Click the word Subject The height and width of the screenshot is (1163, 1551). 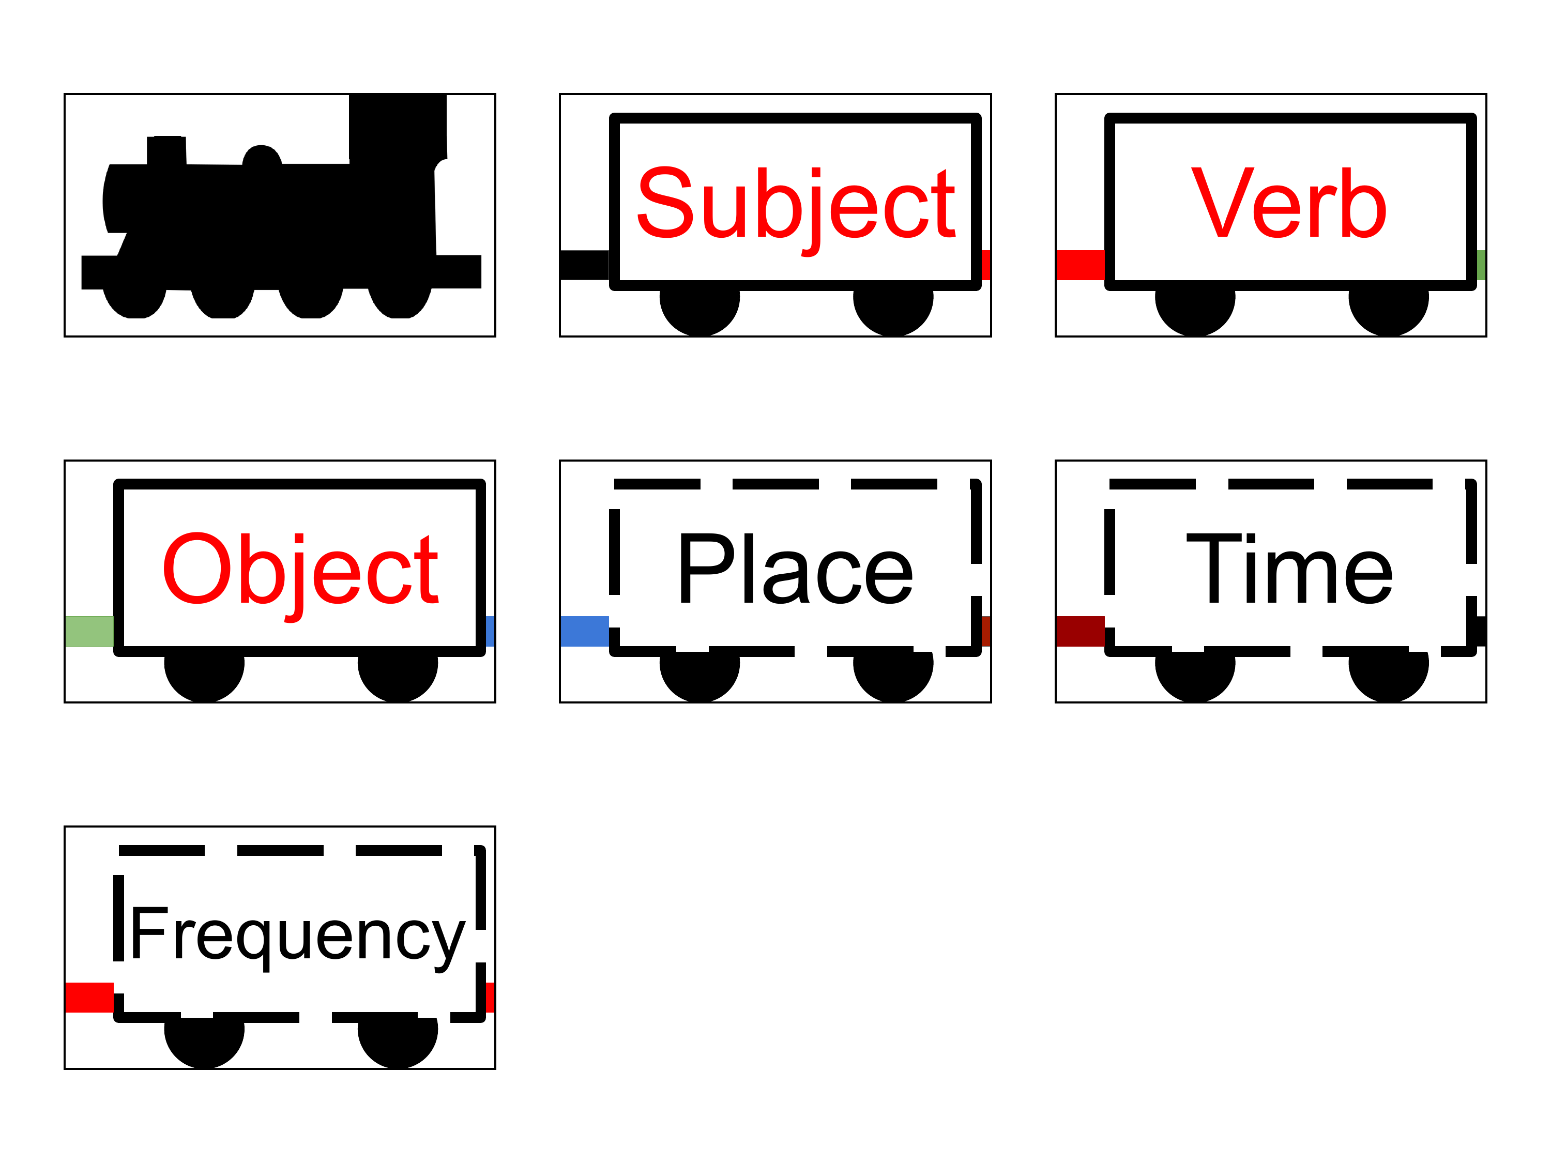tap(796, 210)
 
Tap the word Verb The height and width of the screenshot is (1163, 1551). tap(1289, 203)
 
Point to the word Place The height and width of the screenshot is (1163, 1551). tap(795, 569)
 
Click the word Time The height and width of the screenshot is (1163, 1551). tap(1289, 569)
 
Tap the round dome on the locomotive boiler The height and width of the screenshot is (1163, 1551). tap(262, 156)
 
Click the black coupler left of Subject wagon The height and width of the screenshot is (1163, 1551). tap(585, 265)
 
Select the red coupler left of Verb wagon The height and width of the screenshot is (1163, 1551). tap(1081, 265)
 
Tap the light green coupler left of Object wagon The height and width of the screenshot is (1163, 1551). tap(89, 631)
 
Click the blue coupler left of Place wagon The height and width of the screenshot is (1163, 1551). tap(585, 631)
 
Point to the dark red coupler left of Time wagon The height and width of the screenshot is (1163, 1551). tap(1081, 631)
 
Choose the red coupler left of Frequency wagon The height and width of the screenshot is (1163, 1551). tap(89, 998)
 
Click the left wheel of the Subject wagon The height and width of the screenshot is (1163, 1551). tap(700, 309)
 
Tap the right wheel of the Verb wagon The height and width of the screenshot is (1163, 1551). tap(1389, 309)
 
